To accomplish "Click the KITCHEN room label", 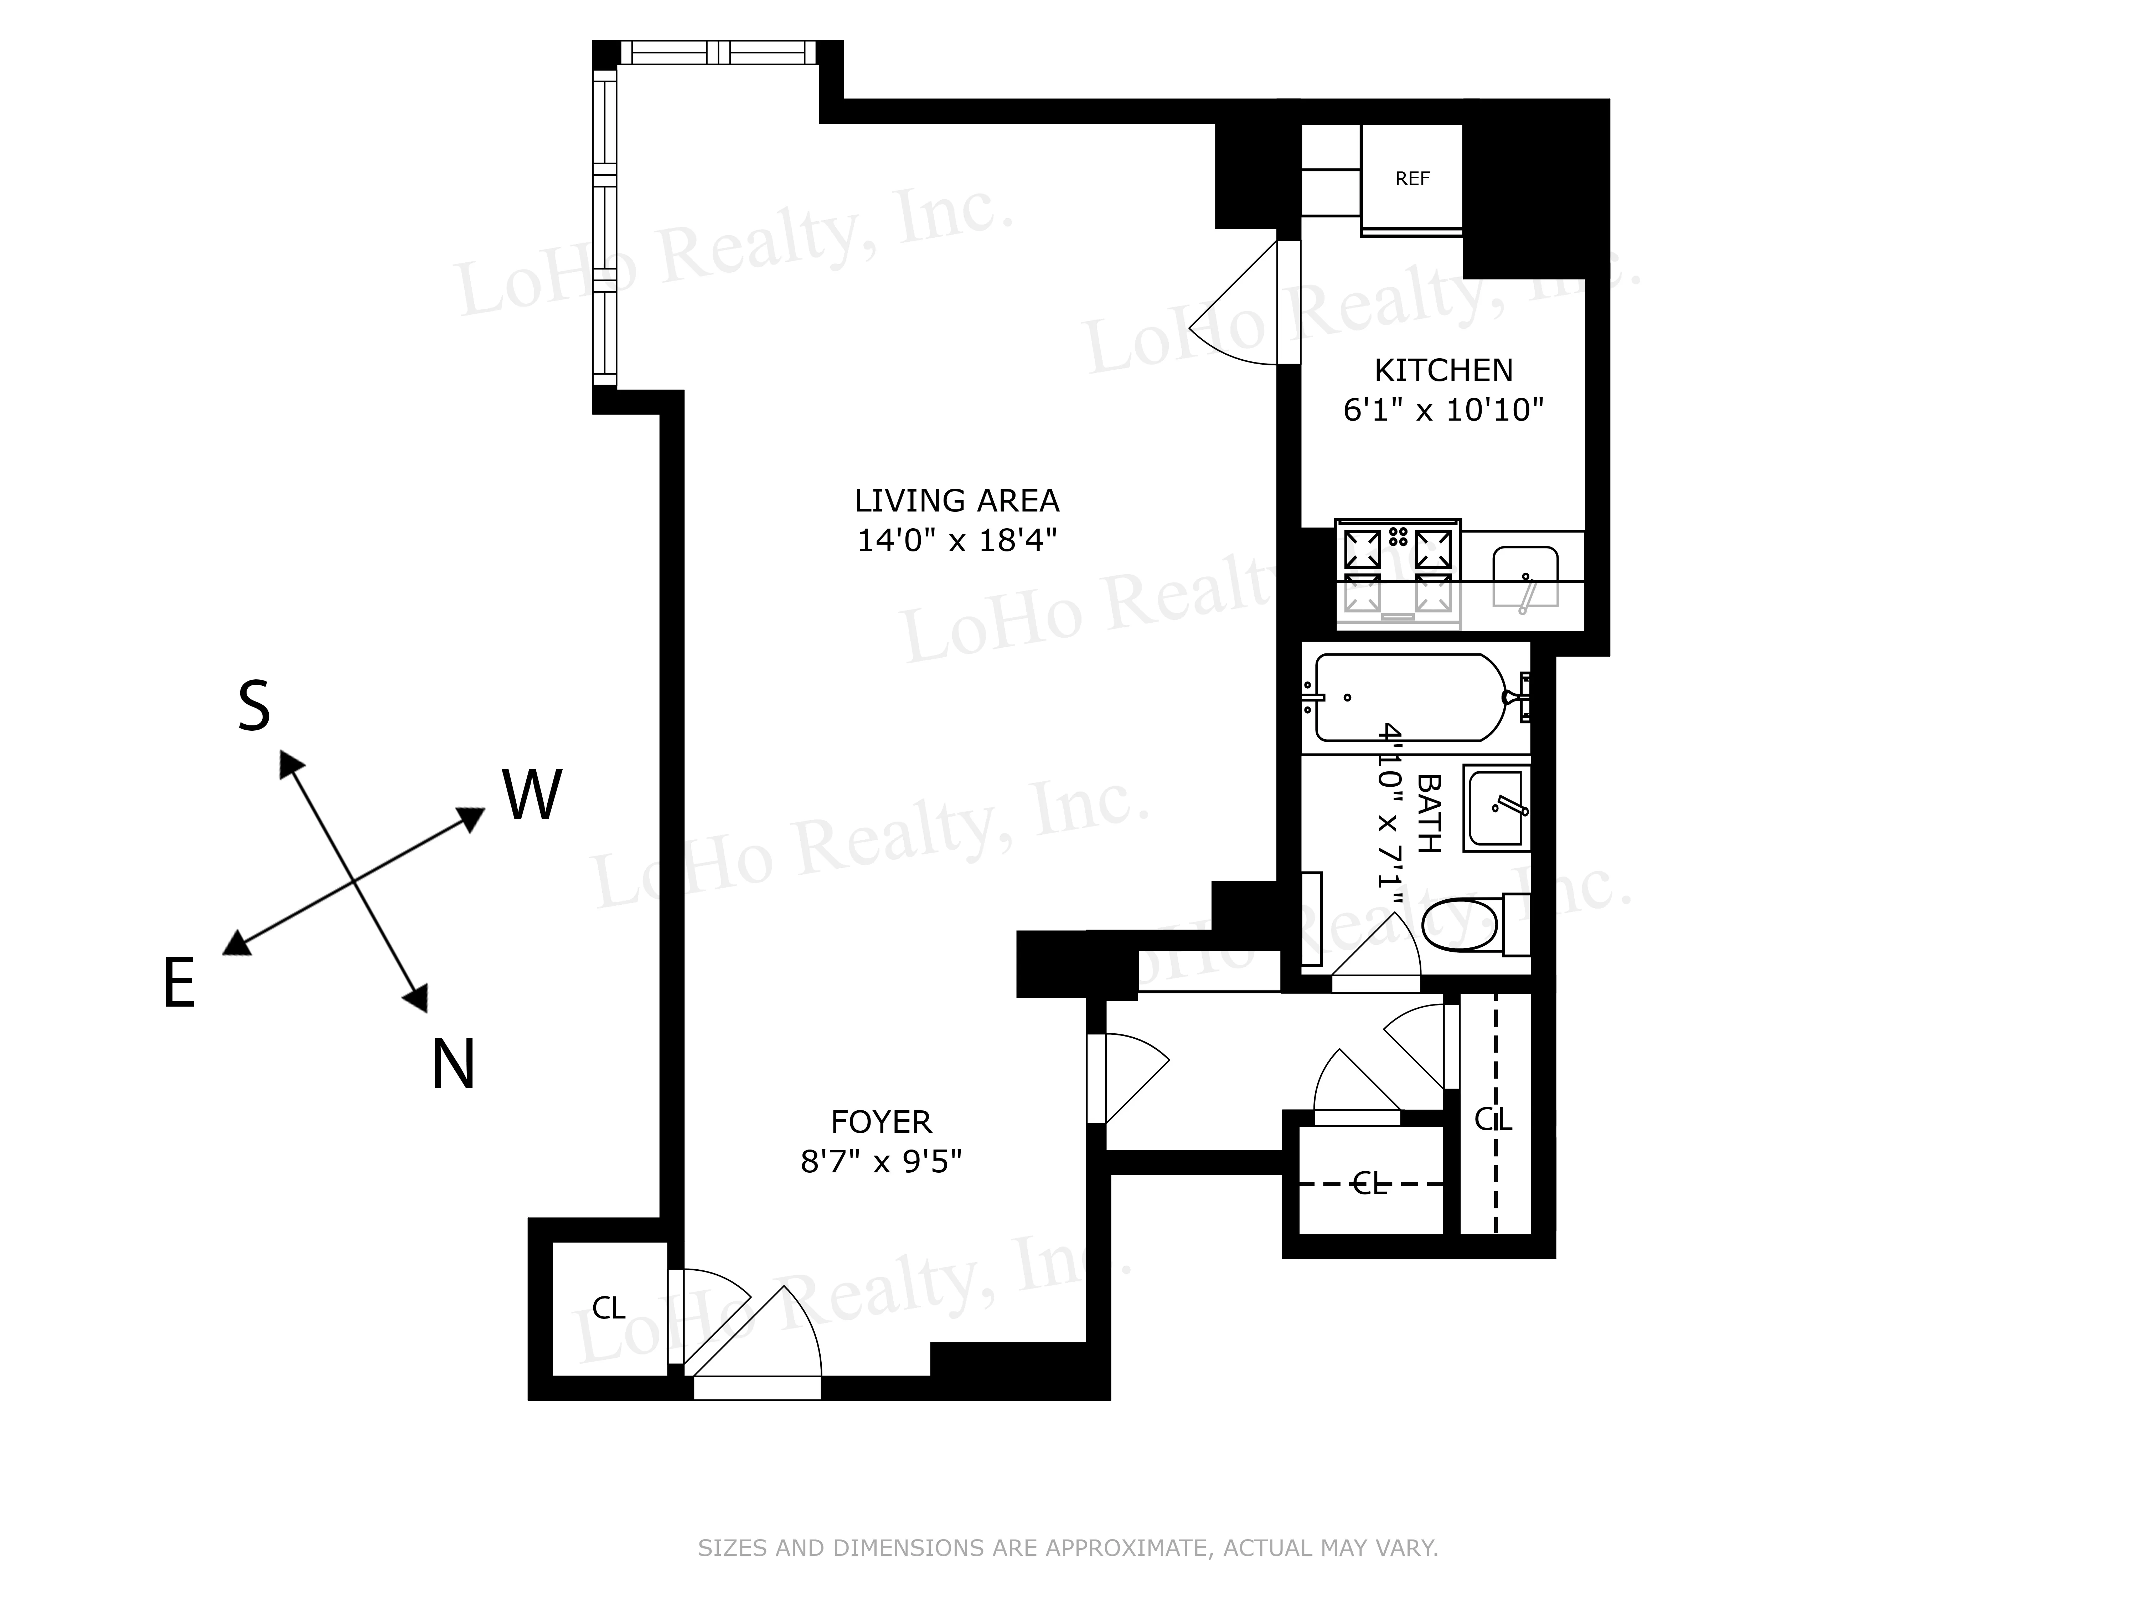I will tap(1443, 370).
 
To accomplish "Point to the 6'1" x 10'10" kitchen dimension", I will tap(1443, 410).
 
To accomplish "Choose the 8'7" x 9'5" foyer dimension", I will tap(880, 1160).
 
